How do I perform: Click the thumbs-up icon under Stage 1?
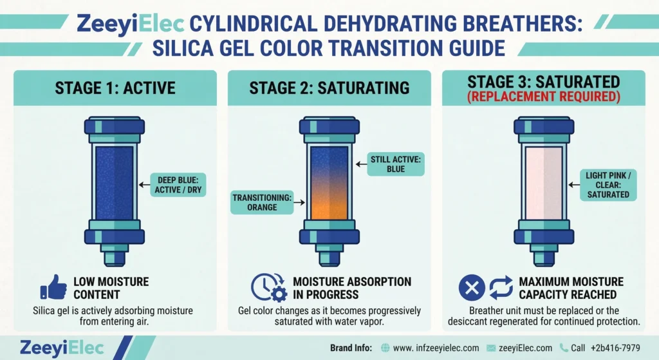[53, 288]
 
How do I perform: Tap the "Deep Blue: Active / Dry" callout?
[178, 185]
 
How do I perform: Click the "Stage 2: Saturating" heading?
[329, 88]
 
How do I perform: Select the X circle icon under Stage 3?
[471, 287]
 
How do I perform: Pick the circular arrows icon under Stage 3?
[501, 287]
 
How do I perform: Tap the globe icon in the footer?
[385, 348]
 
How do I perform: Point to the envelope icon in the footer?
[494, 348]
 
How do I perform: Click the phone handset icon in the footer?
[564, 348]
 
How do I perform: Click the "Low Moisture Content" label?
[111, 288]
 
